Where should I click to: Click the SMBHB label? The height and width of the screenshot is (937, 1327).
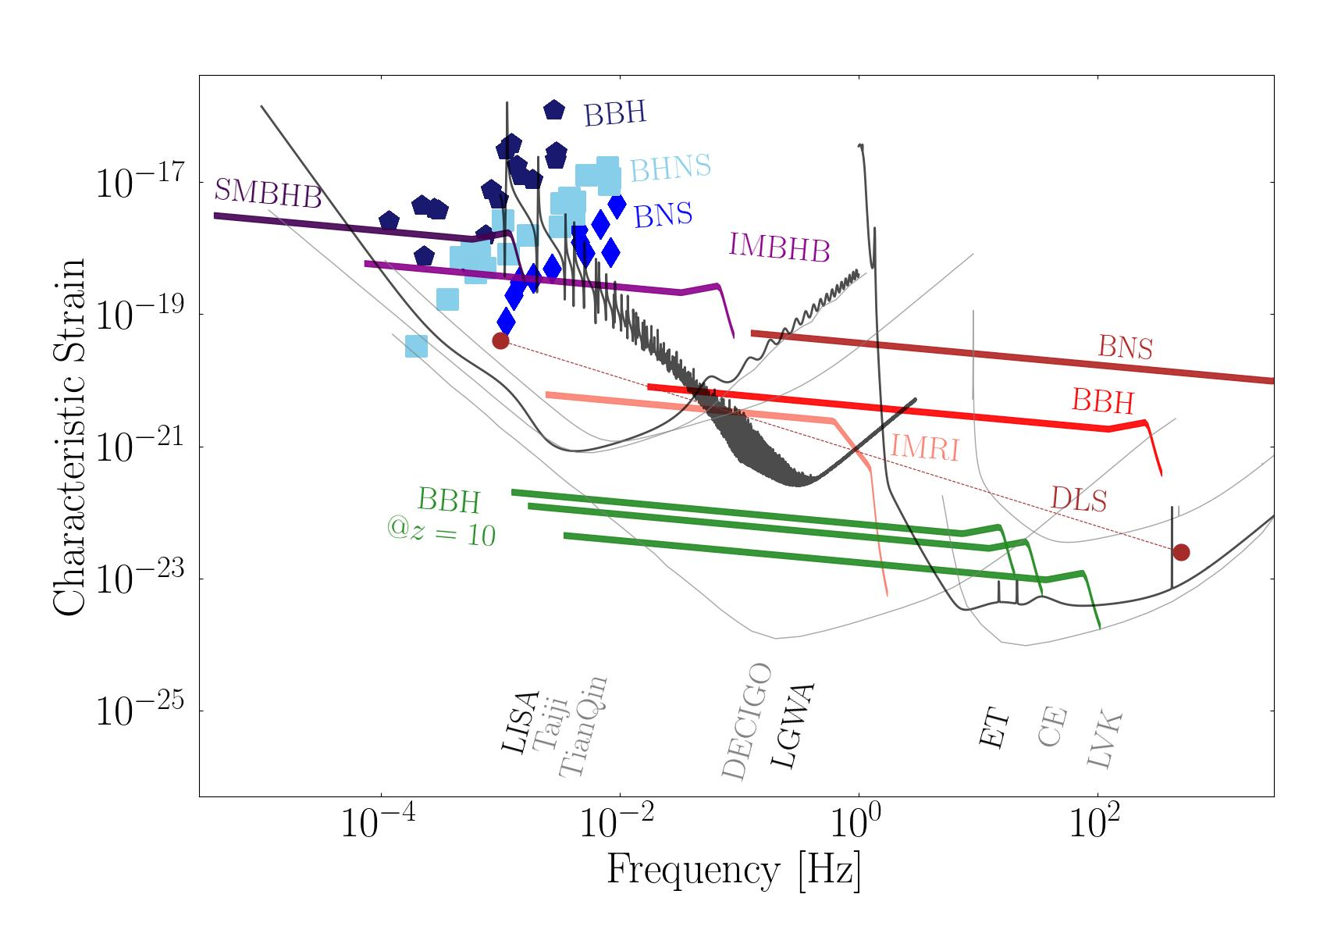[269, 194]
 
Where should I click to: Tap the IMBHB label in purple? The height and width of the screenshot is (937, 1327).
[778, 248]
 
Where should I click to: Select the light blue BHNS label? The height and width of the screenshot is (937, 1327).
[670, 167]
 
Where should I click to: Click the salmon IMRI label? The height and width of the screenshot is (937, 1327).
[924, 448]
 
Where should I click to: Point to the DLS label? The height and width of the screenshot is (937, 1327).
[1078, 499]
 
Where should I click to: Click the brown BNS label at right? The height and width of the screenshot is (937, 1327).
[1125, 347]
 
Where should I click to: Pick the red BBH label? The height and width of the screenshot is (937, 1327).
[1101, 401]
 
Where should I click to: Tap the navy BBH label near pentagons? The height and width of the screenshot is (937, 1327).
[615, 114]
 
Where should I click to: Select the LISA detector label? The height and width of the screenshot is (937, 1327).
[520, 722]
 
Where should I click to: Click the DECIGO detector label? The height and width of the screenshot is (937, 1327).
[746, 722]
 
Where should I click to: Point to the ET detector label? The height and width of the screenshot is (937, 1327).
[994, 730]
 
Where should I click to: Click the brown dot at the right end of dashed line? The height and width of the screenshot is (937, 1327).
[1180, 552]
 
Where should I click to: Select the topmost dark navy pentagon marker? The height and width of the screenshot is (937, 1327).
[553, 110]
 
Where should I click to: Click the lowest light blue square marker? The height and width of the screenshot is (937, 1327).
[416, 346]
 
